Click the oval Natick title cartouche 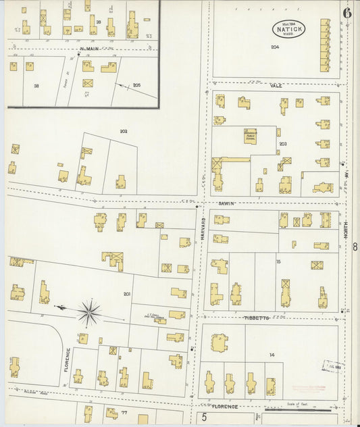click(289, 29)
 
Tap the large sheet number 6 click(346, 12)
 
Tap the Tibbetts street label click(257, 317)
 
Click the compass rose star click(88, 311)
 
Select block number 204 click(274, 47)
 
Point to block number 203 click(282, 143)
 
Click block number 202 click(124, 131)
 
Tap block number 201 click(126, 293)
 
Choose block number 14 click(272, 355)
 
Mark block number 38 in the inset click(36, 86)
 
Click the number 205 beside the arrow click(136, 84)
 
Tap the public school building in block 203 click(251, 136)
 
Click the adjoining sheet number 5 click(203, 419)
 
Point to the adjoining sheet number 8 click(355, 247)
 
